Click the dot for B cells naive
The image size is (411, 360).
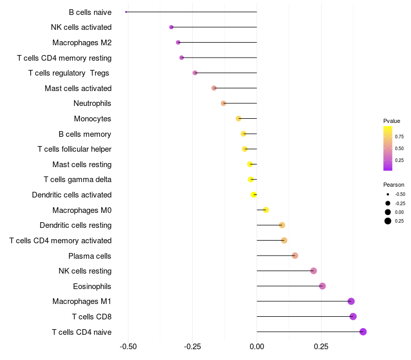(126, 12)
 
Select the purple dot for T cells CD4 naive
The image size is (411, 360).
(363, 332)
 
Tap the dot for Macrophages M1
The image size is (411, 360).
(351, 301)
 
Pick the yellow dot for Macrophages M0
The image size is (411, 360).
(266, 210)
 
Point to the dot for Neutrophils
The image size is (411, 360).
(223, 103)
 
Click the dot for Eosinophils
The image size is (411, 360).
(323, 286)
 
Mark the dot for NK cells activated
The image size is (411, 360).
(172, 27)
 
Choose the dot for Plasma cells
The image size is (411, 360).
(295, 256)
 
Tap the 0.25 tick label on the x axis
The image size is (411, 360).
(321, 347)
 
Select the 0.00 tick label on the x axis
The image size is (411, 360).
(257, 347)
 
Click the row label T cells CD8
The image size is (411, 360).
(92, 317)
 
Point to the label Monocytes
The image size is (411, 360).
(92, 119)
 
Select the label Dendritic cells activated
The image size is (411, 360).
(72, 195)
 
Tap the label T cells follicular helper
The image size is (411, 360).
(74, 149)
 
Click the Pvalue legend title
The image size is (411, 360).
(391, 121)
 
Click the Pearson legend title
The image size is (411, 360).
(394, 185)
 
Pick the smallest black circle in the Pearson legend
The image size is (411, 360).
(388, 194)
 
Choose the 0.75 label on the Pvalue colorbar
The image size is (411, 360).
(399, 136)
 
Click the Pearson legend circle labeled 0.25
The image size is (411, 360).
(388, 221)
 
